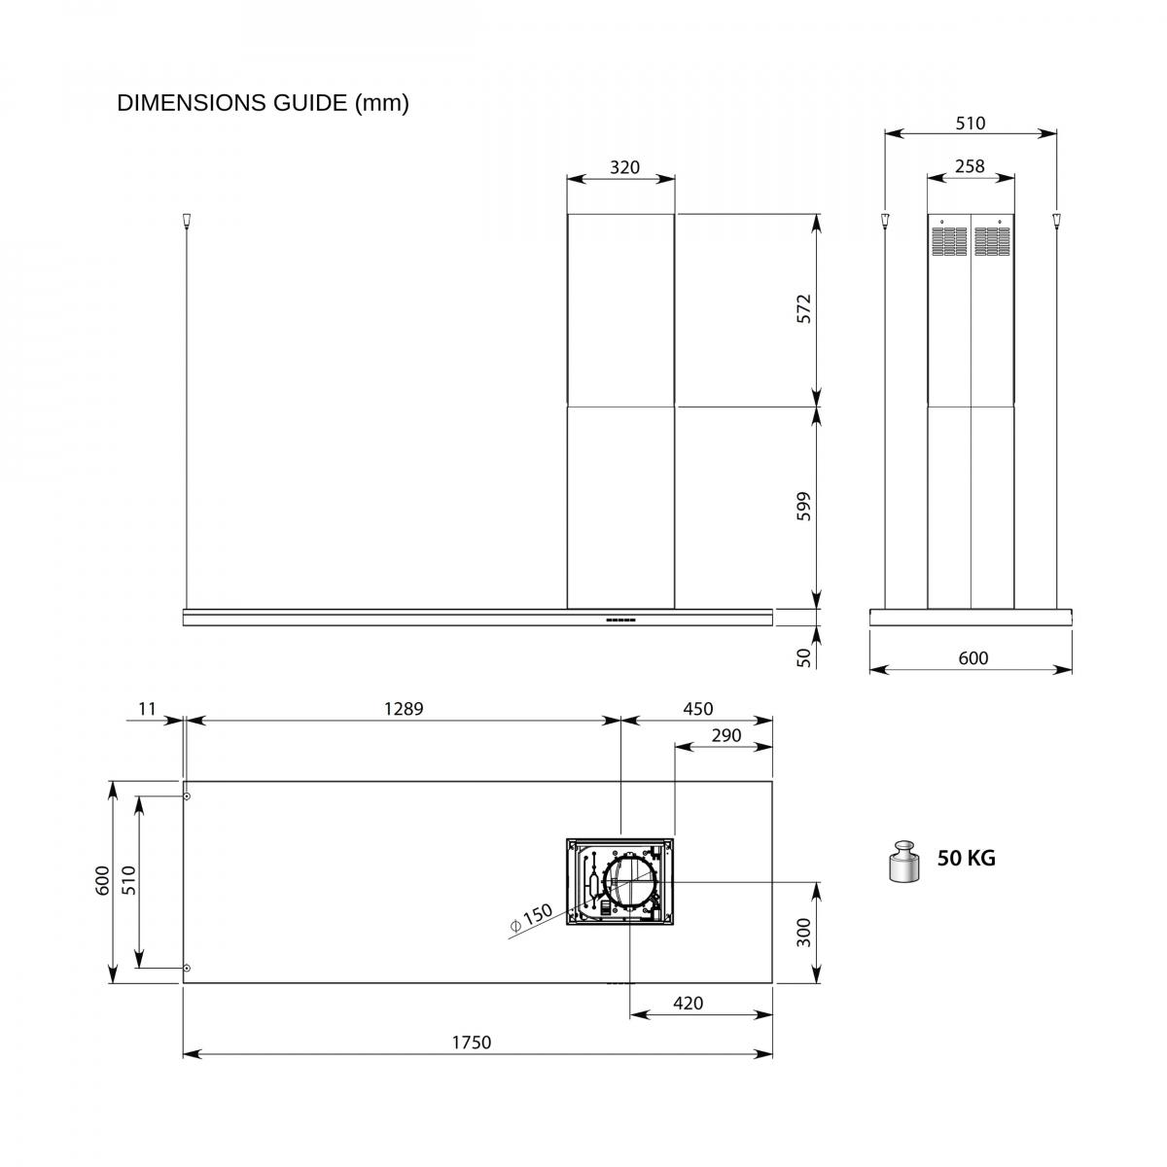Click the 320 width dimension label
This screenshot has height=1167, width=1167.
point(623,167)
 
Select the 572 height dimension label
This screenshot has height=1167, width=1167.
point(803,309)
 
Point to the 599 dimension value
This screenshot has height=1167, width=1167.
point(803,507)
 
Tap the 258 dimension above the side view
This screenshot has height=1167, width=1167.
point(970,166)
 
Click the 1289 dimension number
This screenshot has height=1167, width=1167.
point(404,709)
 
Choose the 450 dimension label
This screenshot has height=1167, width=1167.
point(697,709)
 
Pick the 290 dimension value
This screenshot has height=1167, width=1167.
point(726,735)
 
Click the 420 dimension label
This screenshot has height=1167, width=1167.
point(688,1004)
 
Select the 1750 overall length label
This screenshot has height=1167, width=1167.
point(471,1043)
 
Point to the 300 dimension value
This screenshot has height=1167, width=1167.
point(803,933)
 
